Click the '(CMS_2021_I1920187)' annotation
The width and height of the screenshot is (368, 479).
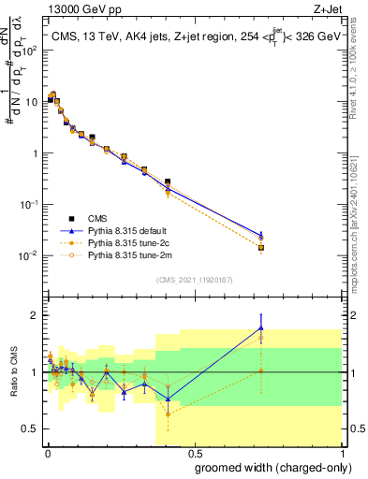point(194,280)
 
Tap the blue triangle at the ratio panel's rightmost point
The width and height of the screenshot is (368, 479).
point(261,327)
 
